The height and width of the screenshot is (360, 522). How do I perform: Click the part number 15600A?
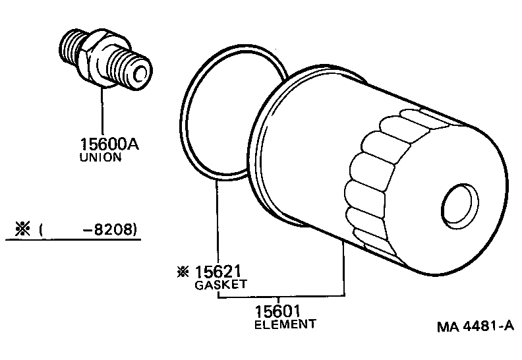[105, 144]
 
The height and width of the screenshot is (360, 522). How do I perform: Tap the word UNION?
[100, 158]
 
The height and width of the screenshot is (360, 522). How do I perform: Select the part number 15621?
[219, 272]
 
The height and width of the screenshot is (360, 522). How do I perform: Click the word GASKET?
[220, 285]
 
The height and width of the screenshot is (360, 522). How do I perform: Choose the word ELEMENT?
[285, 324]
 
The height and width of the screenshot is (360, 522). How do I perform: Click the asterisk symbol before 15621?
[182, 272]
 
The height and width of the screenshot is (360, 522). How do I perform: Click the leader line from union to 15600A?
[102, 112]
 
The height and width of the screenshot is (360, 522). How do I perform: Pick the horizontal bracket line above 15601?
[281, 297]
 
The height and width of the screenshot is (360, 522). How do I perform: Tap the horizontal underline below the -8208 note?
[72, 241]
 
